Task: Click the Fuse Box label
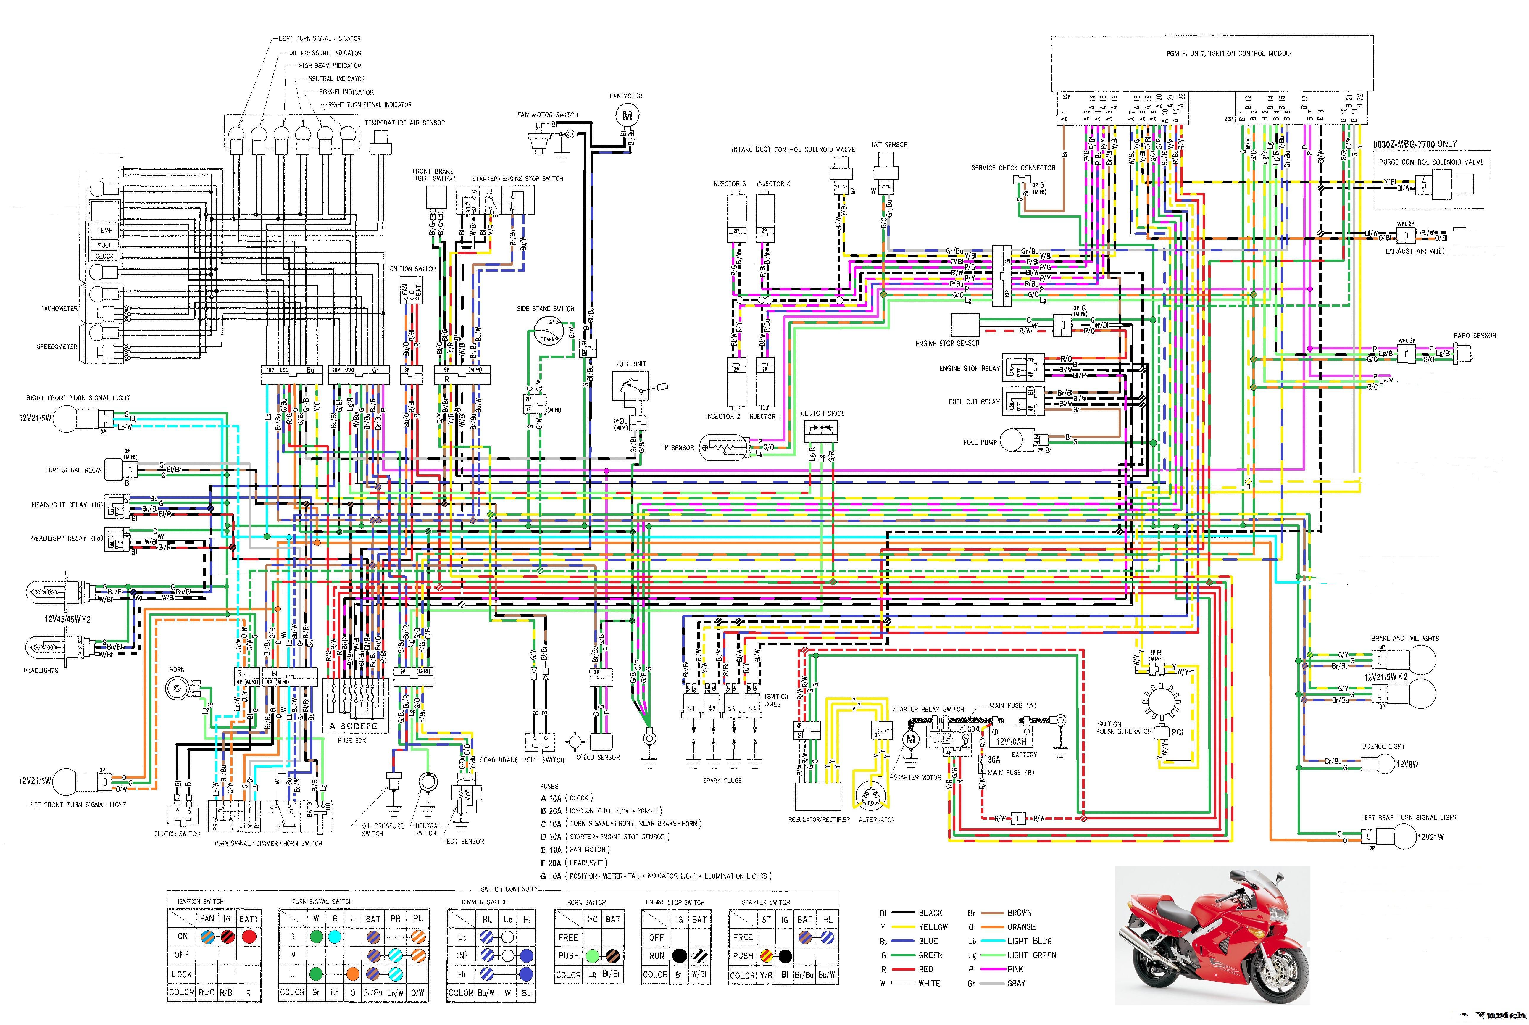(x=351, y=741)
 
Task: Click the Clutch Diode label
(x=823, y=413)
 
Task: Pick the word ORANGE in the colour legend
(x=1021, y=927)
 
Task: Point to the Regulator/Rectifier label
(x=819, y=820)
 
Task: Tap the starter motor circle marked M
(x=910, y=739)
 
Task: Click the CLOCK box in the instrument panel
(x=104, y=256)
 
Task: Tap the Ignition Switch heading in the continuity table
(x=201, y=901)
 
